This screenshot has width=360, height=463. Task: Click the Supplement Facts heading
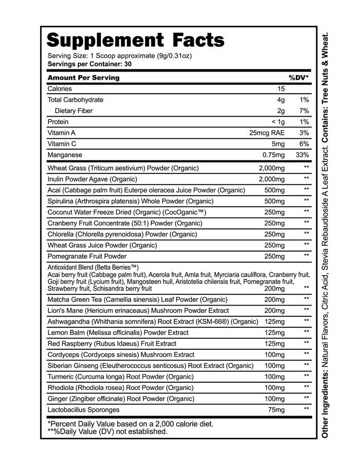[136, 40]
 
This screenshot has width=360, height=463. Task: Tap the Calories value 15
[281, 88]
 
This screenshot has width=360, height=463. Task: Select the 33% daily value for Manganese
[302, 155]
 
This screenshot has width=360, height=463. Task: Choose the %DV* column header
[298, 78]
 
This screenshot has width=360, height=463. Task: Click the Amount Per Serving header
[83, 78]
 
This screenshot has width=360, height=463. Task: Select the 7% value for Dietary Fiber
[303, 111]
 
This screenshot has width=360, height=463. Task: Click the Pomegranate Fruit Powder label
[87, 256]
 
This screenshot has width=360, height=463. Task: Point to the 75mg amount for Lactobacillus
[275, 410]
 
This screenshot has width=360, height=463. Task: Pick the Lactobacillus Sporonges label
[83, 410]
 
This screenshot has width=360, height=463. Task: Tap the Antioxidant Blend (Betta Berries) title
[94, 268]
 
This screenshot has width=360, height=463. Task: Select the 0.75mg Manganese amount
[273, 155]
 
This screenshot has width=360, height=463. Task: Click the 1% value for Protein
[303, 122]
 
